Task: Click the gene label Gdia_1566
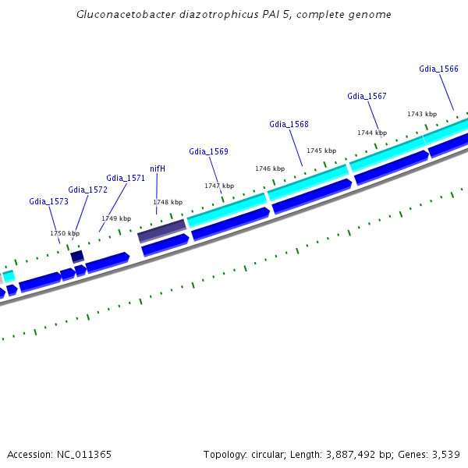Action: (x=438, y=69)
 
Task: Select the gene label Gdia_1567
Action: (x=367, y=96)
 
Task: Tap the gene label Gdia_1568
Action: (x=289, y=124)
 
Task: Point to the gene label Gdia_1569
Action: (x=208, y=151)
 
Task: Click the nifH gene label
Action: (x=158, y=168)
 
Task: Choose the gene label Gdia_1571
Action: (x=126, y=178)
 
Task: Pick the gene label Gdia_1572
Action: (x=87, y=190)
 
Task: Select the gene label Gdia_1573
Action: (x=49, y=201)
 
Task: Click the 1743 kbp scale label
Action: (x=422, y=114)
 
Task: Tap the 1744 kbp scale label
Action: (x=372, y=133)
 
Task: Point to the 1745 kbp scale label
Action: (x=321, y=151)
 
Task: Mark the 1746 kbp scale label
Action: (x=270, y=168)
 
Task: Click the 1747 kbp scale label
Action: (x=219, y=186)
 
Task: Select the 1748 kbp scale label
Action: (x=168, y=202)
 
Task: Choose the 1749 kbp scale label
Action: (x=116, y=218)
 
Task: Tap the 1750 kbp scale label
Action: (x=65, y=233)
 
